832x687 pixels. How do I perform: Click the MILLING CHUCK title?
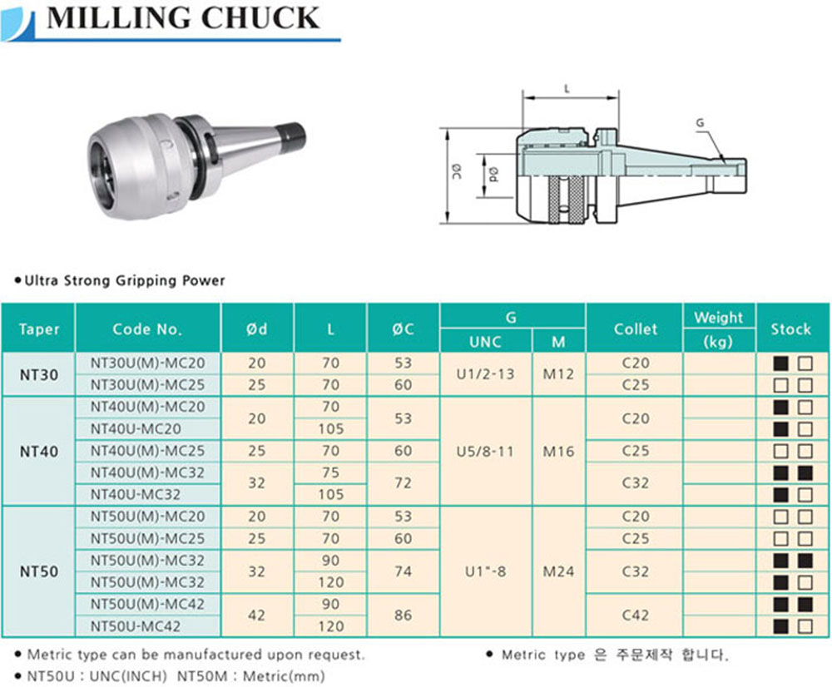(x=183, y=18)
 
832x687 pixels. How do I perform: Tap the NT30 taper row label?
(x=39, y=374)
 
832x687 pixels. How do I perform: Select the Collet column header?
(x=635, y=329)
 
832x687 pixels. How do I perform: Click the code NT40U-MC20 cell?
(x=136, y=428)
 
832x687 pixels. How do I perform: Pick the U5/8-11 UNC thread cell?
(x=485, y=452)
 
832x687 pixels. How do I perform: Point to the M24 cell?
(x=558, y=571)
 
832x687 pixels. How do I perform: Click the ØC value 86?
(x=403, y=615)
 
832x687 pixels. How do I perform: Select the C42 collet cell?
(x=635, y=615)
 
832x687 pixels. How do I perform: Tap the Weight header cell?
(x=719, y=317)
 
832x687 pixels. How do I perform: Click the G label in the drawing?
(x=700, y=123)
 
